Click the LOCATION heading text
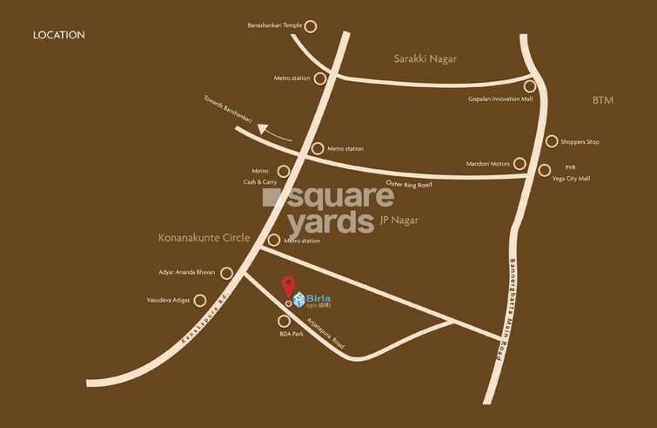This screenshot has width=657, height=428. tap(58, 35)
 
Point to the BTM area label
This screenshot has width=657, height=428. tap(603, 100)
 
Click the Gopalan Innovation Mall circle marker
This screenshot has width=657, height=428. tap(529, 86)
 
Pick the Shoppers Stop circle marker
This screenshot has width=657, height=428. tap(552, 141)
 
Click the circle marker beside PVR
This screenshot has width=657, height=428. tap(545, 170)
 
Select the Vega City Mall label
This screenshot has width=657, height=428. tap(572, 178)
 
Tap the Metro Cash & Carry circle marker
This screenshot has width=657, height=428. tap(283, 172)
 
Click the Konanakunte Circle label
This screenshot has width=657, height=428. tap(204, 237)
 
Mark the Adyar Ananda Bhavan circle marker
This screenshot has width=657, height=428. tap(226, 273)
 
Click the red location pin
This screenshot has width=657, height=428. tap(288, 288)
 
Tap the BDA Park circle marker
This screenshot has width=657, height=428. tap(283, 321)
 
